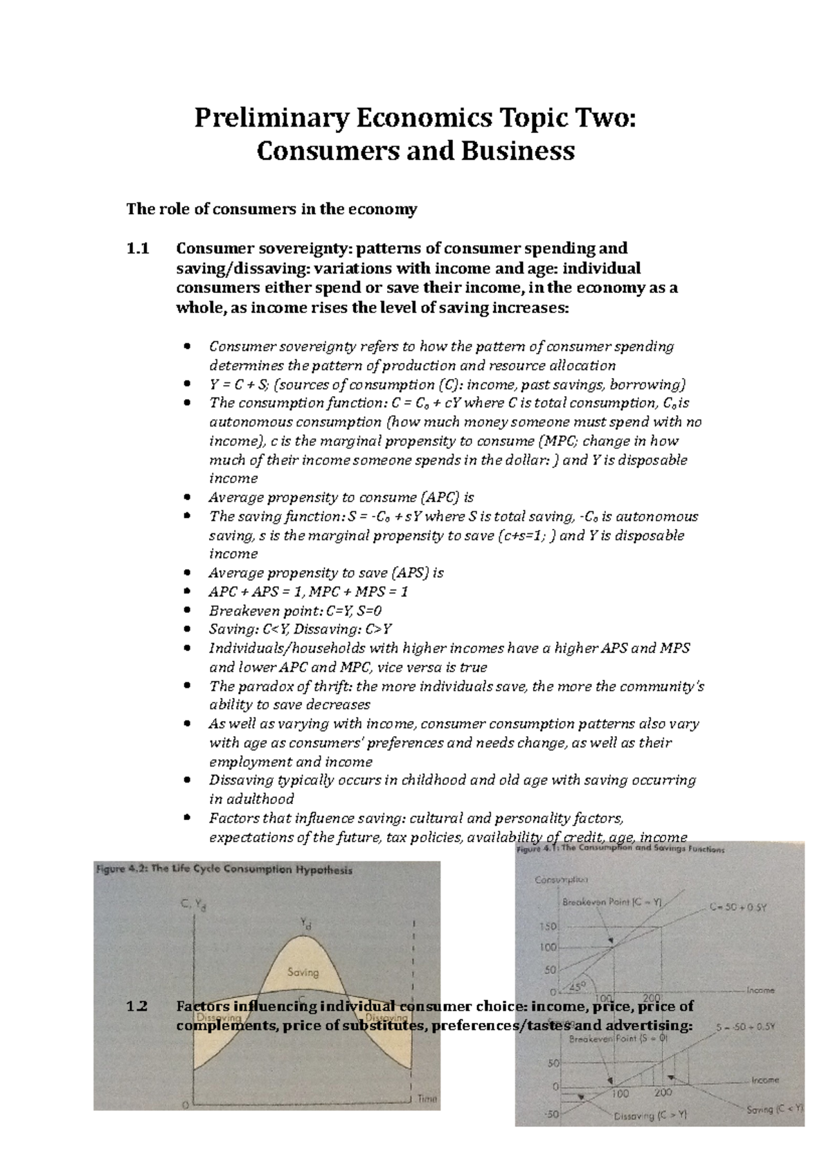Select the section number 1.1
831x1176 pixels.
(x=137, y=249)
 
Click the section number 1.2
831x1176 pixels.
(x=137, y=1006)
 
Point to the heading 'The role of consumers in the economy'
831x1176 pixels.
(x=271, y=209)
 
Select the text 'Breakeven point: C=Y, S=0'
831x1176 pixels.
(x=295, y=611)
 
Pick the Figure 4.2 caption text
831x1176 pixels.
(x=223, y=871)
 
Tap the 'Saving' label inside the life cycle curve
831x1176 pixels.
(x=303, y=972)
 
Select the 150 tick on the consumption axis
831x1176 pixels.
(x=548, y=927)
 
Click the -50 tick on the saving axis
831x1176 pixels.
(x=551, y=1114)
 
